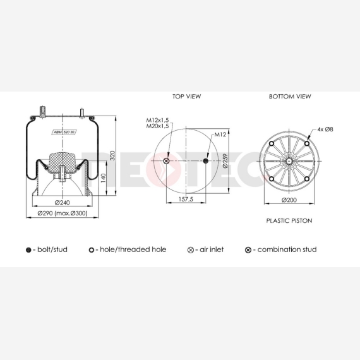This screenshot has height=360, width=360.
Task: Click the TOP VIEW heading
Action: pos(187,97)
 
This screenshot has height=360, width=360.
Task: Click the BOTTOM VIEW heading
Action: pos(290,97)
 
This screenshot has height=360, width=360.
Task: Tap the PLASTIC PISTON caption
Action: pos(289,220)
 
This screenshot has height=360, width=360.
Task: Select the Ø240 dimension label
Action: pos(63,203)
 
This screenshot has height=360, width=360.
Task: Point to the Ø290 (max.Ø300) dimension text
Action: pos(63,213)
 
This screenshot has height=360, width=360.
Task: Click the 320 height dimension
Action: pos(112,155)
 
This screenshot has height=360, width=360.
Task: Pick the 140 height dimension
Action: pos(103,178)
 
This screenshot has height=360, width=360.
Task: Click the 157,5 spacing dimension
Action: pos(186,200)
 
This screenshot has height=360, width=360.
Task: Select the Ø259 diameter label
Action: pos(225,161)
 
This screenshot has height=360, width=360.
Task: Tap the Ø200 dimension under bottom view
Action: pos(289,200)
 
